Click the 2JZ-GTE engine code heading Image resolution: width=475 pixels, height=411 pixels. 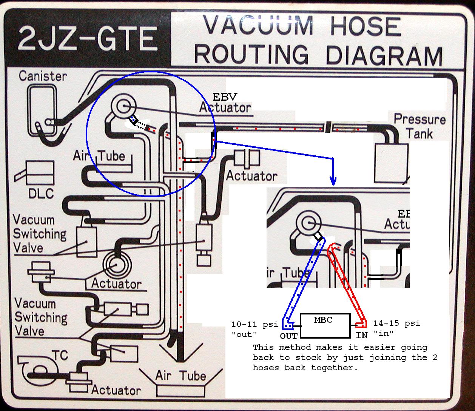click(x=87, y=39)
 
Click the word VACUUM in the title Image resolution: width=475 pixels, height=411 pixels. click(x=259, y=26)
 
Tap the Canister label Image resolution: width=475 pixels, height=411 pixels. click(x=43, y=76)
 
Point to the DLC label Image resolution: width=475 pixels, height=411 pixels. click(x=41, y=193)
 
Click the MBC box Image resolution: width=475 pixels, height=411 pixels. click(x=325, y=325)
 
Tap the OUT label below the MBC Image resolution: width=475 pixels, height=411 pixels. click(x=289, y=336)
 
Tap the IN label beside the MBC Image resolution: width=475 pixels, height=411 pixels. click(x=361, y=335)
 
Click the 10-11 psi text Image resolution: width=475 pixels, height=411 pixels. click(x=254, y=324)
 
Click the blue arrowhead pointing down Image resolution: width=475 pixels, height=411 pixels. click(x=333, y=181)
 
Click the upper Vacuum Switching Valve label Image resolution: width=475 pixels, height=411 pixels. click(x=39, y=234)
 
